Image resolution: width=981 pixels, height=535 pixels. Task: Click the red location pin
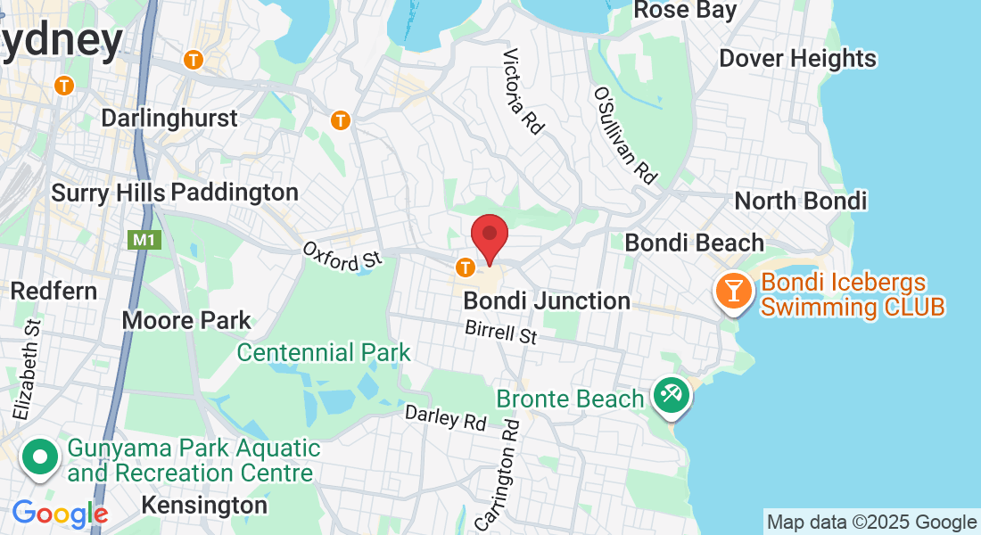coord(490,237)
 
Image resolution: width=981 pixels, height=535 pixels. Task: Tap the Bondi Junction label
coord(547,301)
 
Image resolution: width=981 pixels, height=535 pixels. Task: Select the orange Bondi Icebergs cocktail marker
coord(733,292)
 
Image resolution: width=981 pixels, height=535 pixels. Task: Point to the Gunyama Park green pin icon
coord(40,457)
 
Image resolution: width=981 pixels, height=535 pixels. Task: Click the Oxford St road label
coord(342,256)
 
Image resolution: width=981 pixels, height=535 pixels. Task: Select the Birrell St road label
coord(501,333)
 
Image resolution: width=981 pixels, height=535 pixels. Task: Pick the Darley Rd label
coord(446,417)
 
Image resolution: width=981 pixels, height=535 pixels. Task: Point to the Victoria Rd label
coord(523,92)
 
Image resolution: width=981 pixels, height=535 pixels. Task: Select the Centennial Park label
coord(324,352)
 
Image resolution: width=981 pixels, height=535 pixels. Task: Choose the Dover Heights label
coord(797,59)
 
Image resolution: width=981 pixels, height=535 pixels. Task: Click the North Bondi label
coord(800,201)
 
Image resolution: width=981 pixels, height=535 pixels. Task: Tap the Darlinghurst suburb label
coord(169,119)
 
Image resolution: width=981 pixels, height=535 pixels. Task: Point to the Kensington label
coord(204,506)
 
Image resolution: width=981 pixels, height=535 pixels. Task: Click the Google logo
coord(60,514)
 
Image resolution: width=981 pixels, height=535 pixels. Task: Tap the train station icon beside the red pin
coord(465,267)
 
